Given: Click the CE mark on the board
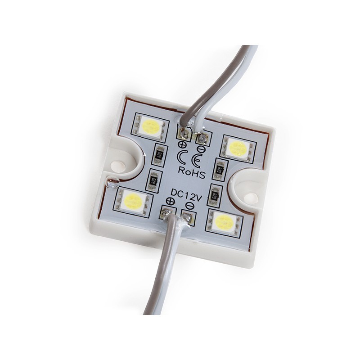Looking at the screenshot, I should pos(192,157).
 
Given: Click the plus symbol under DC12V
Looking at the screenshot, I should pos(171,201).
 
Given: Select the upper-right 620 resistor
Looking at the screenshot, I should pos(220,169).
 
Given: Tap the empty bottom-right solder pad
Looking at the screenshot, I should pos(188,218).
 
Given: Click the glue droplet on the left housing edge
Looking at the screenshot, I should pos(111,183).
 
